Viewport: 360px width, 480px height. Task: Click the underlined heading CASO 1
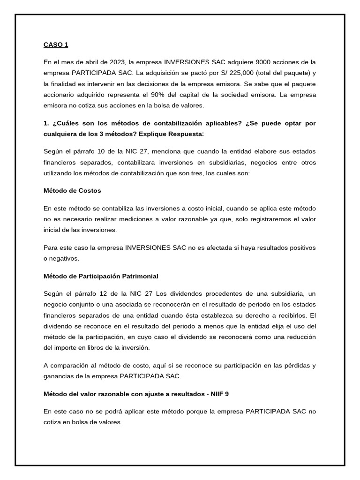click(x=56, y=45)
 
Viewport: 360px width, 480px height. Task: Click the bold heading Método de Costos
click(x=72, y=191)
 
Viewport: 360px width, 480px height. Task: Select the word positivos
click(x=299, y=247)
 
